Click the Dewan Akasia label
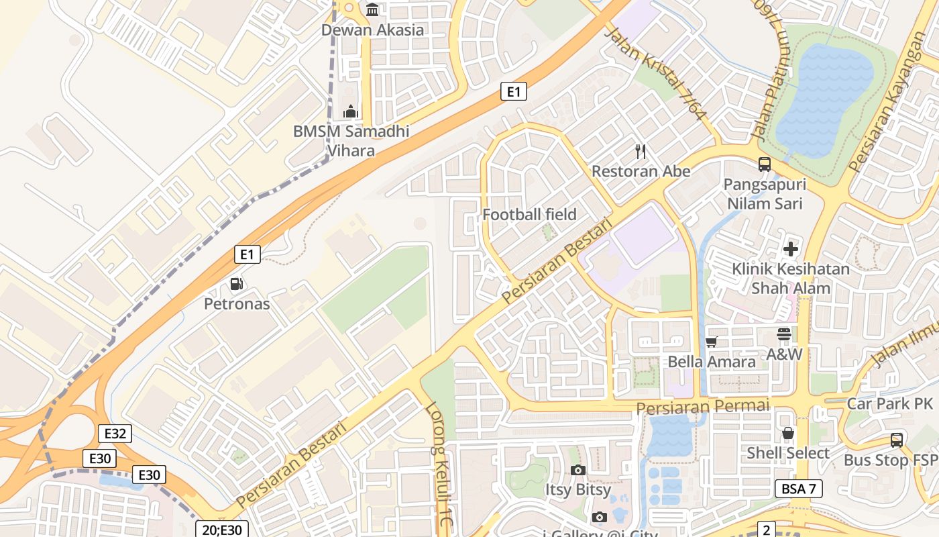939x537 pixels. (x=372, y=30)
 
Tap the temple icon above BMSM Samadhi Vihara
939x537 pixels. (x=350, y=111)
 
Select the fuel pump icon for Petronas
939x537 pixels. (x=236, y=284)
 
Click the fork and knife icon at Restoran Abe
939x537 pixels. (x=641, y=152)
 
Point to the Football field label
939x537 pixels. (x=529, y=215)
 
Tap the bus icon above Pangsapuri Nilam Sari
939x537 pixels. (x=764, y=164)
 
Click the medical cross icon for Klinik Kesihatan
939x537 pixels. (x=791, y=249)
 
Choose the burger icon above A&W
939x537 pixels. (x=784, y=334)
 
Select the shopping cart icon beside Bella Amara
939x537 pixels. (x=712, y=342)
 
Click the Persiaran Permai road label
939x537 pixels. (x=702, y=407)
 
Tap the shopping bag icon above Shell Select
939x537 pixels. (x=788, y=433)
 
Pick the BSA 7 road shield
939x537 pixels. (x=798, y=489)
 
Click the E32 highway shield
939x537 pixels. (x=115, y=434)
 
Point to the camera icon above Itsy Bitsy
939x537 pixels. (x=577, y=470)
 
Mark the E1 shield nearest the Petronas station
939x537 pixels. (x=247, y=254)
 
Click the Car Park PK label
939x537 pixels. (x=890, y=403)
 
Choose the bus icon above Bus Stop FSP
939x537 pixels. (x=897, y=440)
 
